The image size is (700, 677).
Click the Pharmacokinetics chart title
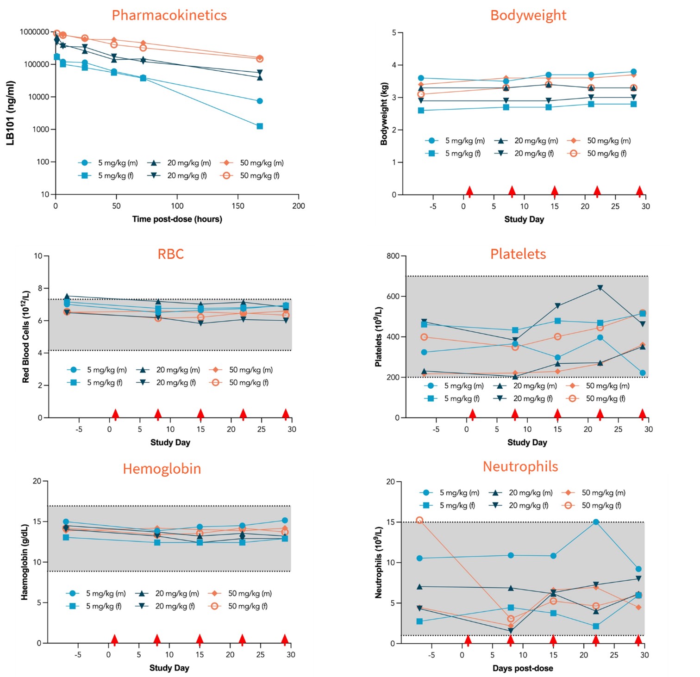169,15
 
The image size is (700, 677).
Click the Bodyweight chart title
528,15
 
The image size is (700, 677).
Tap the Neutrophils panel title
520,466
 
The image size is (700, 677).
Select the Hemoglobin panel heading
162,469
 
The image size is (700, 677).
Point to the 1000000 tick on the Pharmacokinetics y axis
35,32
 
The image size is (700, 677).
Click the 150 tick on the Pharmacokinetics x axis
238,206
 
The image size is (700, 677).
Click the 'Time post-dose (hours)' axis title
177,219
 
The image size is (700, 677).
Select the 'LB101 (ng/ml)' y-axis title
11,113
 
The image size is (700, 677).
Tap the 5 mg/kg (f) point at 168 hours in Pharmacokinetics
260,126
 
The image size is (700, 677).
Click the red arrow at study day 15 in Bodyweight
555,191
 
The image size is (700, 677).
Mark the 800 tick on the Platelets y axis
393,256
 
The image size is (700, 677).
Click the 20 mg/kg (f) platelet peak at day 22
600,288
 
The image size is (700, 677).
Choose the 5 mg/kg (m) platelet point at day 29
643,373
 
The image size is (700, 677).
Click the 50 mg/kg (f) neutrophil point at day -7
419,520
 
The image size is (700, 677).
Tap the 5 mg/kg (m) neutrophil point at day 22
596,522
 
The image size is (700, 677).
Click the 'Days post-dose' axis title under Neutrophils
523,668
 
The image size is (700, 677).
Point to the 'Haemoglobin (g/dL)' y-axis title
25,562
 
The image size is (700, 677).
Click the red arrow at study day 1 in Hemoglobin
114,640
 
